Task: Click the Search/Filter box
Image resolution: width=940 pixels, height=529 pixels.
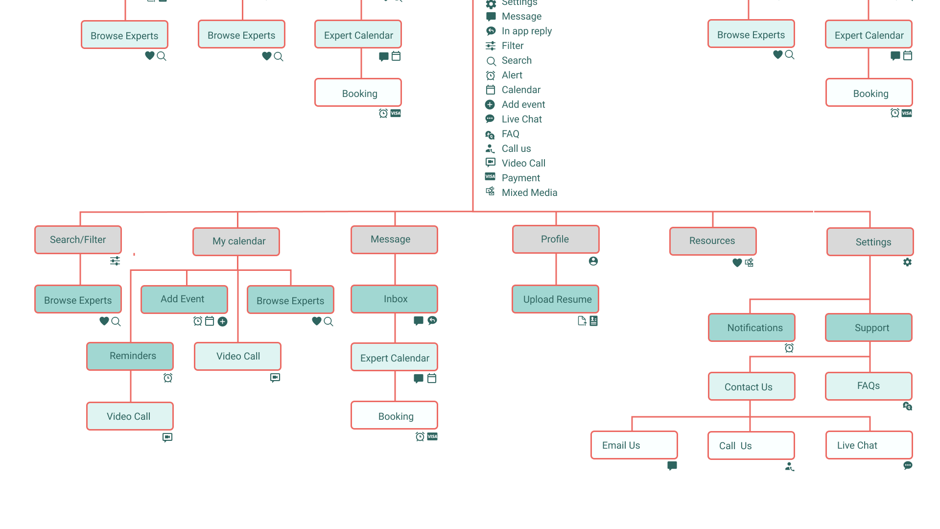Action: tap(78, 240)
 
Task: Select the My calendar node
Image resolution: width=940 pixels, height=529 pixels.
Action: tap(236, 241)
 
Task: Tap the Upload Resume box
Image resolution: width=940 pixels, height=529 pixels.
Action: tap(555, 299)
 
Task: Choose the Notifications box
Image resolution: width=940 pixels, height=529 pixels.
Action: tap(752, 327)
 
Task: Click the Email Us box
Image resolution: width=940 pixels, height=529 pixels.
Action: tap(634, 445)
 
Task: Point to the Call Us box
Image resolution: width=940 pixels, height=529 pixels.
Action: tap(751, 445)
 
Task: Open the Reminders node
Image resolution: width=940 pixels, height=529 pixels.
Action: tap(130, 356)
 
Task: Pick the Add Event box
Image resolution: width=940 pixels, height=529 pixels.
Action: tap(184, 299)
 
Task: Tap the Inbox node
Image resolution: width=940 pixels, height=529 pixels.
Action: tap(394, 299)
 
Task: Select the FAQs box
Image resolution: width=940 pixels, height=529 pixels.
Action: tap(869, 386)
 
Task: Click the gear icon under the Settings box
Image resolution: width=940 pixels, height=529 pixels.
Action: tap(907, 262)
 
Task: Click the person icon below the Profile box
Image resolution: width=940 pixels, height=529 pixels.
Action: tap(593, 261)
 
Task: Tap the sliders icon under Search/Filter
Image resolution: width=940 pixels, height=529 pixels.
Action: tap(115, 261)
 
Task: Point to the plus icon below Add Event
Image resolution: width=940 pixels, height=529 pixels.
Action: tap(222, 321)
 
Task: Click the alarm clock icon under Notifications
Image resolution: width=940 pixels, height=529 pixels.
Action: tap(789, 348)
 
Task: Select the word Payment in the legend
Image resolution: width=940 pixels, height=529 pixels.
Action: tap(521, 178)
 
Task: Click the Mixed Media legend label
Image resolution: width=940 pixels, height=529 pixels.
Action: tap(530, 192)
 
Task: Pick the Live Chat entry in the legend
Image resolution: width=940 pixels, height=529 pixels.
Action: tap(522, 119)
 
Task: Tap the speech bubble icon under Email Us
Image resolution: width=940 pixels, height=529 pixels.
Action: tap(672, 465)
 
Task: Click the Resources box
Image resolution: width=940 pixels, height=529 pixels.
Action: tap(713, 241)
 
